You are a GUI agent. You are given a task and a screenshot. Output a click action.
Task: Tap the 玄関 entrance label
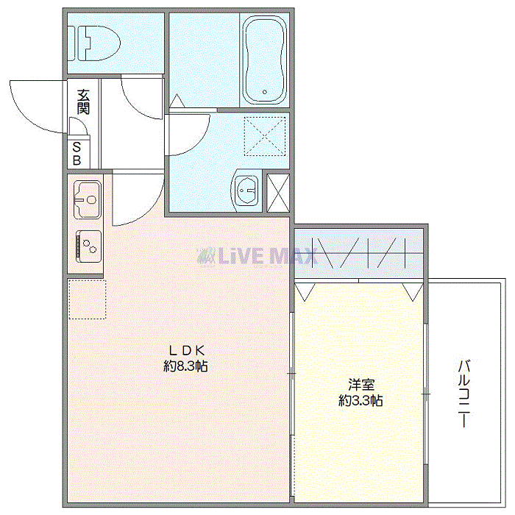(82, 101)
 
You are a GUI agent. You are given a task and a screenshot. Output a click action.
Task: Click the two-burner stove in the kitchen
(88, 244)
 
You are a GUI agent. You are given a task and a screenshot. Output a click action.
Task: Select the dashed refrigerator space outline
(87, 299)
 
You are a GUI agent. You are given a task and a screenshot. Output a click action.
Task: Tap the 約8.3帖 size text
(185, 366)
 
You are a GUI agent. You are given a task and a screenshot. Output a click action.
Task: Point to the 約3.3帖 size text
(360, 401)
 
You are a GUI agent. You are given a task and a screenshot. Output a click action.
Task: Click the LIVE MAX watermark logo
(257, 256)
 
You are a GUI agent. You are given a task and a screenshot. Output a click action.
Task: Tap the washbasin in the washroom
(244, 191)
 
